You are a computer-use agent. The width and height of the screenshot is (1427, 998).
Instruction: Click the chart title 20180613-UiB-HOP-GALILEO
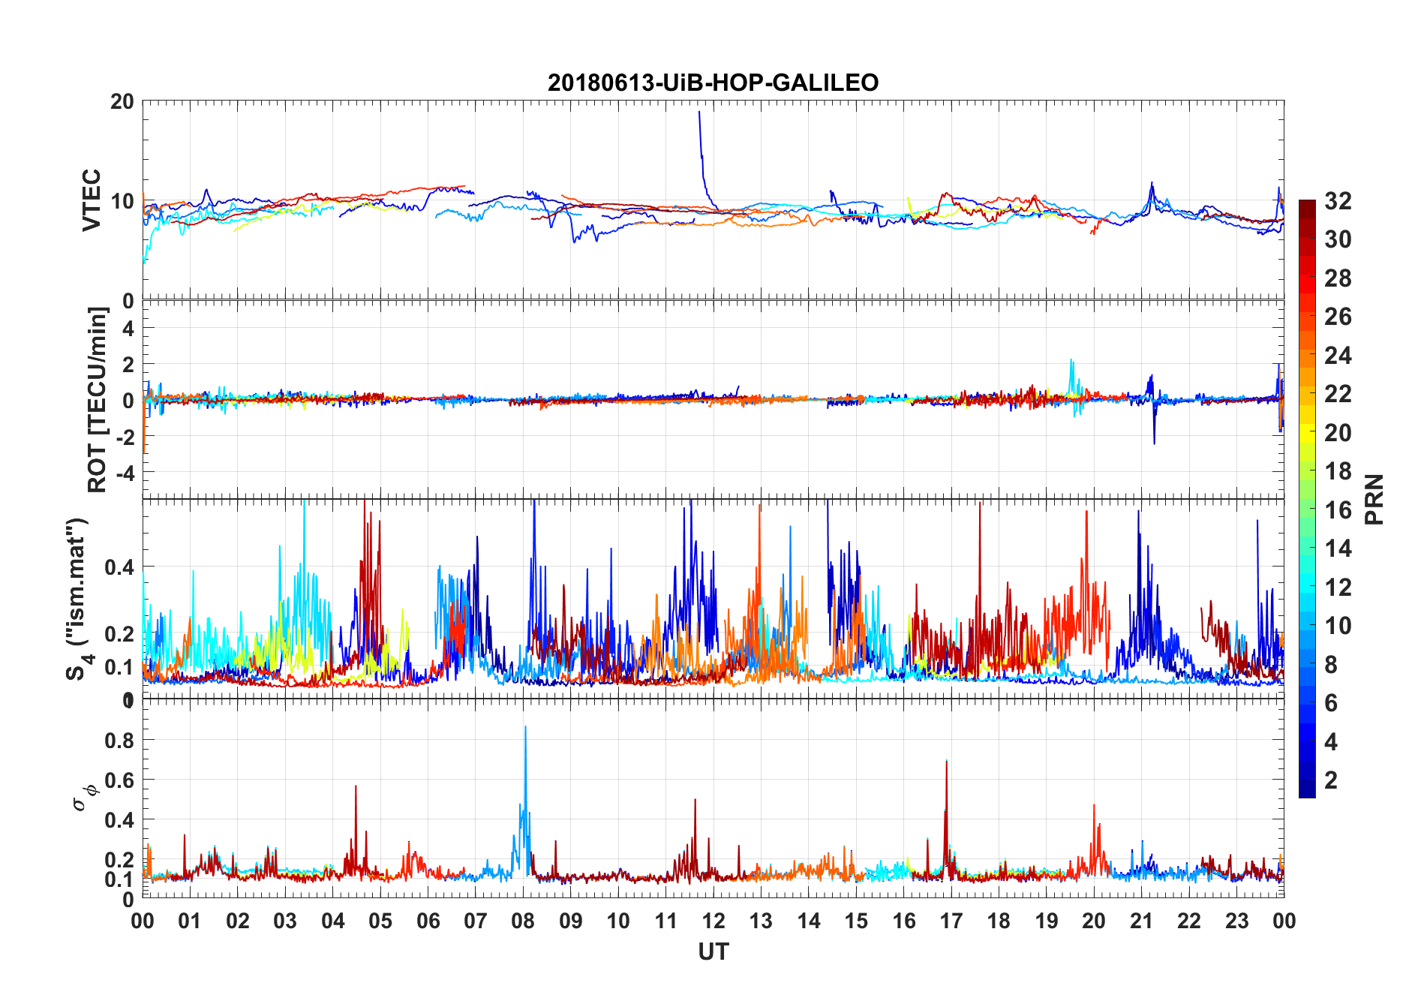pyautogui.click(x=713, y=83)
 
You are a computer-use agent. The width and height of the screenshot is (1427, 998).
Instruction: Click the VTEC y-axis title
pyautogui.click(x=91, y=200)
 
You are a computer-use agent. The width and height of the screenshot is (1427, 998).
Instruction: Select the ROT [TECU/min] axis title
pyautogui.click(x=97, y=399)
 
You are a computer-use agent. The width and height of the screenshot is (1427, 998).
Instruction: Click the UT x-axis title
pyautogui.click(x=713, y=952)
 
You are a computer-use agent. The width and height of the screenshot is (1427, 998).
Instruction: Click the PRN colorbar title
pyautogui.click(x=1374, y=499)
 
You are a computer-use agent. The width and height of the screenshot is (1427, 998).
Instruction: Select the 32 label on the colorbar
pyautogui.click(x=1338, y=201)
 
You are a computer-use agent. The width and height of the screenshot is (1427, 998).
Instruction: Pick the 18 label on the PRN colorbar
pyautogui.click(x=1338, y=471)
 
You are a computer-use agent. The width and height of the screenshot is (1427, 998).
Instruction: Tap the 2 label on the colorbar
pyautogui.click(x=1331, y=780)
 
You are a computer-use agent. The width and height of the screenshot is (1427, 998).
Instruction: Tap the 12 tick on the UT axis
pyautogui.click(x=713, y=921)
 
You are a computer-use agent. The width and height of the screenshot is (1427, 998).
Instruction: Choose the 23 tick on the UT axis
pyautogui.click(x=1236, y=921)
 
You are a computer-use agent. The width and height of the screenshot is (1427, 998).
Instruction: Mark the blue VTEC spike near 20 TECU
pyautogui.click(x=699, y=113)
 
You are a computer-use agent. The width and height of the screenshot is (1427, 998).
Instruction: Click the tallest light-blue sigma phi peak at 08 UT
pyautogui.click(x=525, y=727)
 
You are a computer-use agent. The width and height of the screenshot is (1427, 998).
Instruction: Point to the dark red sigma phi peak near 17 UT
pyautogui.click(x=946, y=762)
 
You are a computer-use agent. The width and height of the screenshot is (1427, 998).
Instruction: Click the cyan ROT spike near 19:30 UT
pyautogui.click(x=1071, y=361)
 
